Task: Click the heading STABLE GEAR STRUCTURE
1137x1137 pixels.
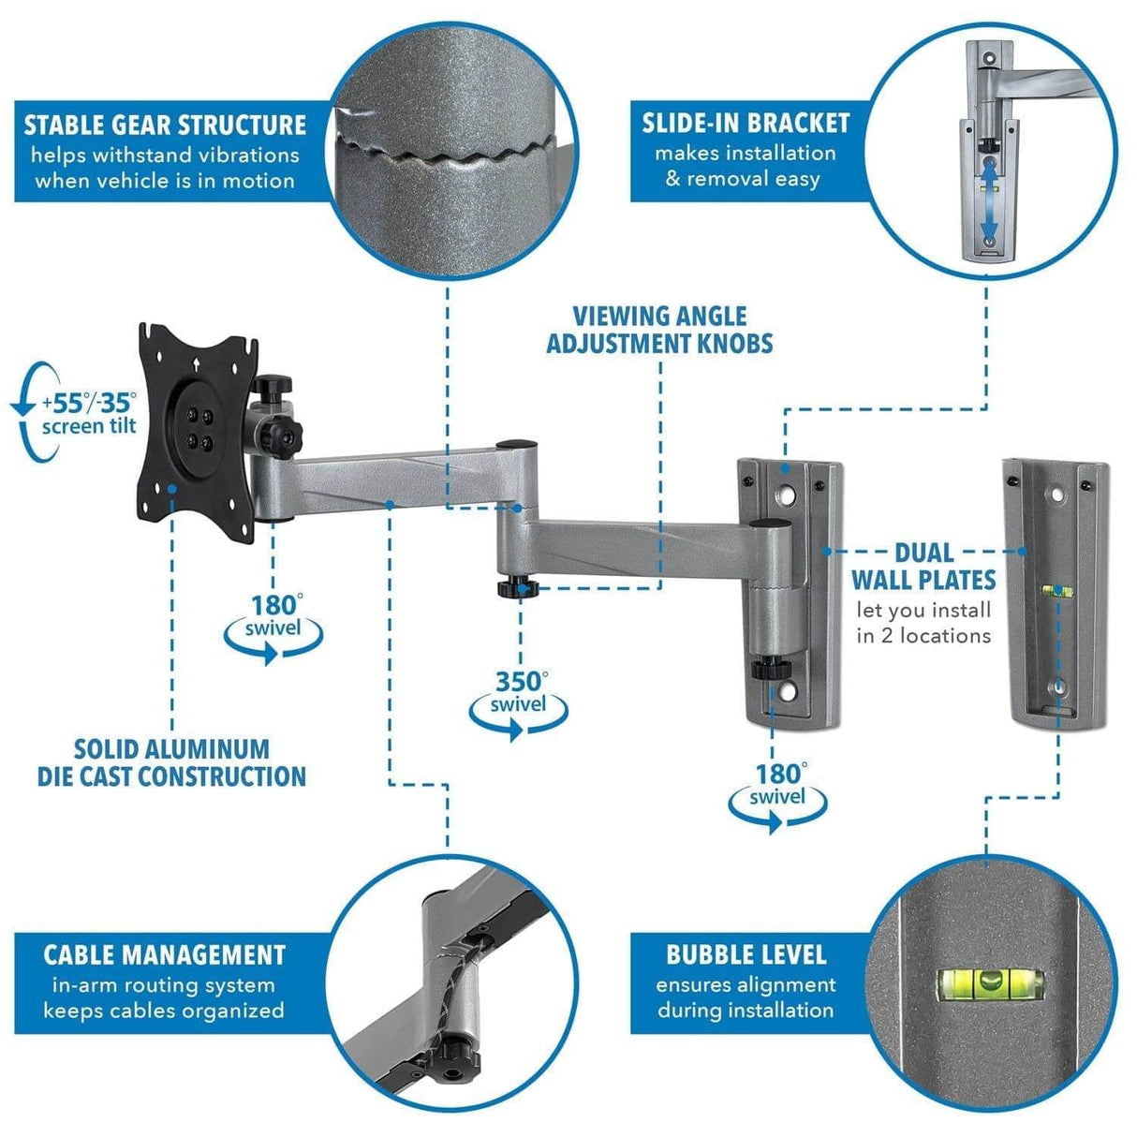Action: click(x=165, y=125)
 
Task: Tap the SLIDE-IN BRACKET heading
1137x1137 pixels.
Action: click(x=746, y=124)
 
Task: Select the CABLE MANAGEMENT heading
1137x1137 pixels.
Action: click(x=164, y=954)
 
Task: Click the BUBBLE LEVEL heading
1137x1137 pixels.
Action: click(x=746, y=954)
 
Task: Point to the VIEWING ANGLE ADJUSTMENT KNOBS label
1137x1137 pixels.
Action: click(x=659, y=330)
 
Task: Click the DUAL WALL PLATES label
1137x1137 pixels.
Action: click(x=923, y=566)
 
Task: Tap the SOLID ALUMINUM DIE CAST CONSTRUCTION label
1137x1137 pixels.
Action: click(x=171, y=762)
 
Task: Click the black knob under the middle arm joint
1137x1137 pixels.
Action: click(x=516, y=587)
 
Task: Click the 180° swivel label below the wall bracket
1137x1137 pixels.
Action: click(x=778, y=785)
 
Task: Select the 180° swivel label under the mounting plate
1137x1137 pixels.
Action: click(x=273, y=616)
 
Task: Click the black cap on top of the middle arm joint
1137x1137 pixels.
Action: click(x=514, y=446)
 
